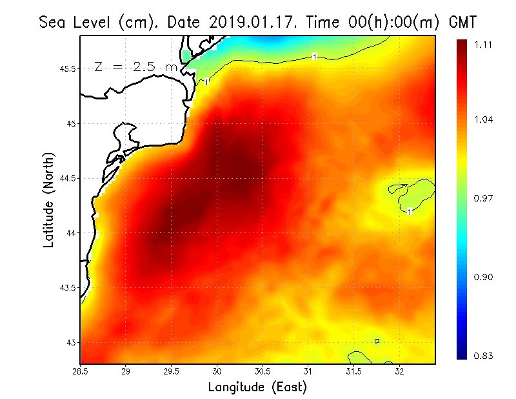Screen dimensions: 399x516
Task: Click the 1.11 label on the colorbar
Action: pyautogui.click(x=484, y=45)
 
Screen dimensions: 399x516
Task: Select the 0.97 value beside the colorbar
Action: pyautogui.click(x=484, y=198)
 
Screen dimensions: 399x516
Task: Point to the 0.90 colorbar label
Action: pyautogui.click(x=484, y=277)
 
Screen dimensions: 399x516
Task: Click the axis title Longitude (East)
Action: pyautogui.click(x=257, y=387)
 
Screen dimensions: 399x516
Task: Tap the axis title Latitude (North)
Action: pyautogui.click(x=49, y=199)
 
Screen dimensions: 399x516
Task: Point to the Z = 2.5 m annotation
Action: pyautogui.click(x=135, y=66)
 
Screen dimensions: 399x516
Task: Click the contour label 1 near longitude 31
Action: pyautogui.click(x=314, y=57)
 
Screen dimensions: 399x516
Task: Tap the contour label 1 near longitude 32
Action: pyautogui.click(x=410, y=211)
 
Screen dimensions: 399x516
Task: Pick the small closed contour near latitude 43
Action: pyautogui.click(x=376, y=341)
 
